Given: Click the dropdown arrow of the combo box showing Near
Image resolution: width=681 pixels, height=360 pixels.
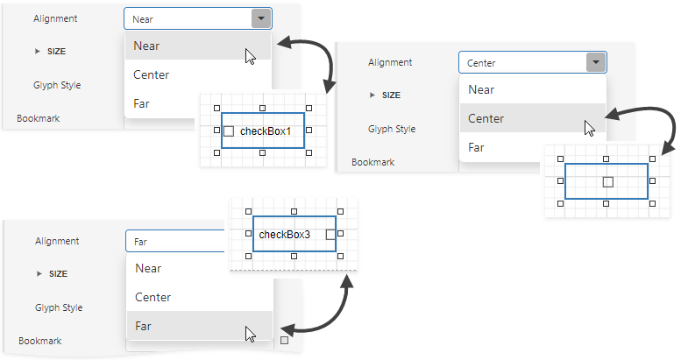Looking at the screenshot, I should (260, 18).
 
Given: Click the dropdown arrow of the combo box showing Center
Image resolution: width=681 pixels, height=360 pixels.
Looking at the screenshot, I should (595, 62).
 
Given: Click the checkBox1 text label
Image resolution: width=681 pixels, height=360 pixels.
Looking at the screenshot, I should (265, 131).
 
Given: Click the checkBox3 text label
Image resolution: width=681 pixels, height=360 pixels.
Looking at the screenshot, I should (284, 235).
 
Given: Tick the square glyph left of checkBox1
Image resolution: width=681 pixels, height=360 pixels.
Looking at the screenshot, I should (229, 131).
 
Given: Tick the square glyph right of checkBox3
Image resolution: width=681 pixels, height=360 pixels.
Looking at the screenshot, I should (330, 235).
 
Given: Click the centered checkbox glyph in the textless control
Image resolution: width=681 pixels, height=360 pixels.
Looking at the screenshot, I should (607, 181).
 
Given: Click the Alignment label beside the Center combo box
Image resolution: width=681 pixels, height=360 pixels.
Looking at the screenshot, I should (390, 62).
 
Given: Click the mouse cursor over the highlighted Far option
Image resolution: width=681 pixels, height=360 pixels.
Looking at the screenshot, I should (250, 334).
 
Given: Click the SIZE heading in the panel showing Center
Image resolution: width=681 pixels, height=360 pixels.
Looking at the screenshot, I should (391, 95).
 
